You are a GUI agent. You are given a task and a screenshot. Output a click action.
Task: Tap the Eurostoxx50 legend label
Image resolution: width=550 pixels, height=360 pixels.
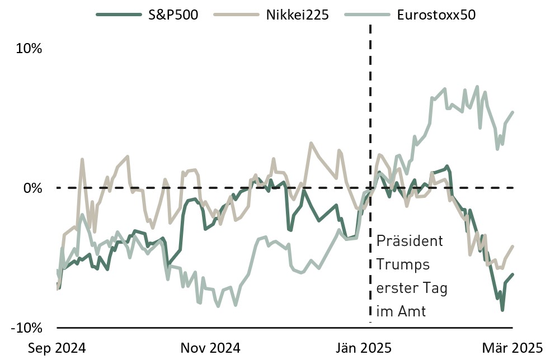tap(436, 15)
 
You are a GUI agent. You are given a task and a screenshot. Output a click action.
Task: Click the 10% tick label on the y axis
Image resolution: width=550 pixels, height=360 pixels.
tap(29, 49)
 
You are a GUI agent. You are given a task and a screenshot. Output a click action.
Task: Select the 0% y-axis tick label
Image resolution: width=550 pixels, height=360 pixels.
tap(32, 188)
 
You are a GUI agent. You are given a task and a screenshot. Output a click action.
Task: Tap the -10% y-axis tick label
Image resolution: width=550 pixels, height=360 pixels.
tap(26, 327)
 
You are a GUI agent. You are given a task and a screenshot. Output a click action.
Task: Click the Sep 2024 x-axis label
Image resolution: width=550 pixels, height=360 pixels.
tap(57, 348)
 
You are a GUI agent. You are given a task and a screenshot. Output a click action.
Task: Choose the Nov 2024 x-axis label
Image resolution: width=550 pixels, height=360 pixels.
tap(210, 348)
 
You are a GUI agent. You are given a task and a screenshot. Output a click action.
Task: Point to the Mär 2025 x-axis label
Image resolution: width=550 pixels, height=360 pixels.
tap(513, 348)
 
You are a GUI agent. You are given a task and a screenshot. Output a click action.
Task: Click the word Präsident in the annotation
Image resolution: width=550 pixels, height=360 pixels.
tap(410, 241)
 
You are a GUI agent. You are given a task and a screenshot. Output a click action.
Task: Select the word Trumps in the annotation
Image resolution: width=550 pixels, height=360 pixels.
tap(403, 264)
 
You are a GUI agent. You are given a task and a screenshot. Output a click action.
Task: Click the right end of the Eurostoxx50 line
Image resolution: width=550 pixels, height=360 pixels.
tap(513, 112)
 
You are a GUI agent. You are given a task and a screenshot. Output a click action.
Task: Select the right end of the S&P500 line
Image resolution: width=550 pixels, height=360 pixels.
tap(513, 274)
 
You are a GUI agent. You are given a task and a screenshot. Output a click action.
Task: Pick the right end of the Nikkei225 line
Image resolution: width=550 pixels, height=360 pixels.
tap(513, 247)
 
